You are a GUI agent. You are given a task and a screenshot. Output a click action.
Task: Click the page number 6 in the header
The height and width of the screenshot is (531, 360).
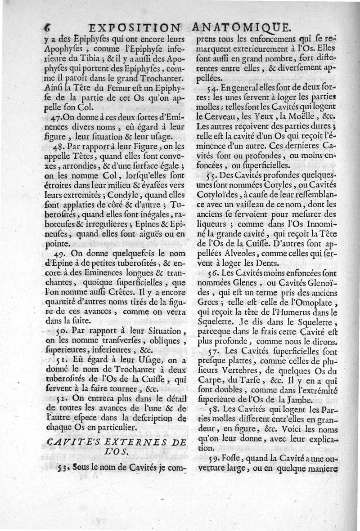pos(46,27)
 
